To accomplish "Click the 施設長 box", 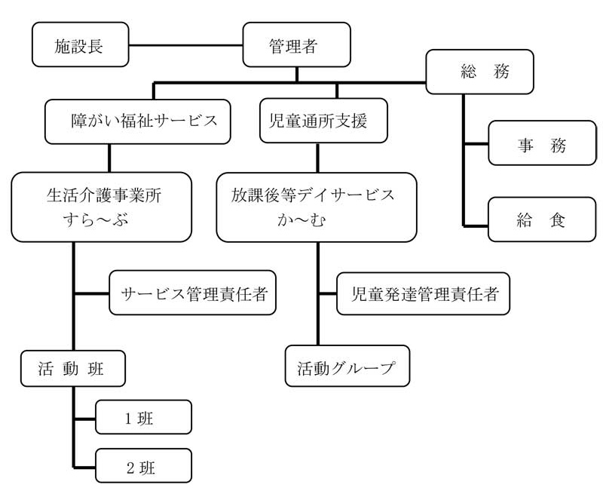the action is tap(81, 44).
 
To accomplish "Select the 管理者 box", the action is tap(296, 44).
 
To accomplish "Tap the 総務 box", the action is tap(479, 72).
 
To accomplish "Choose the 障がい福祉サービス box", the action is tap(138, 121).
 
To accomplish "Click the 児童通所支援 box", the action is tap(323, 121).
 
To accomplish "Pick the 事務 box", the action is tap(542, 143).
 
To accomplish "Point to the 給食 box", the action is tap(542, 219).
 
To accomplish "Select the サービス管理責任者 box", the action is tap(193, 293).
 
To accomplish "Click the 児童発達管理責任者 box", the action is tap(423, 293).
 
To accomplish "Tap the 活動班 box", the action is tap(73, 368).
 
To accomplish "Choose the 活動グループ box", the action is tap(347, 366).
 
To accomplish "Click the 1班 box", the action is tap(143, 417).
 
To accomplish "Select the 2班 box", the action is tap(143, 465).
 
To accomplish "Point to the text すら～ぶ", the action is tap(96, 220).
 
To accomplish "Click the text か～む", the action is tap(302, 220).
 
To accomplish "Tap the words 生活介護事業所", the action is tap(104, 195).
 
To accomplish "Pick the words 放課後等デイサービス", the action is tap(313, 195).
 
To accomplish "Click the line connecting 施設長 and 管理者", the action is tap(185, 45).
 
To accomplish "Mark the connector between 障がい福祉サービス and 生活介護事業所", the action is tap(109, 158).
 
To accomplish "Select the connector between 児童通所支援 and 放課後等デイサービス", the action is tap(317, 158).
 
